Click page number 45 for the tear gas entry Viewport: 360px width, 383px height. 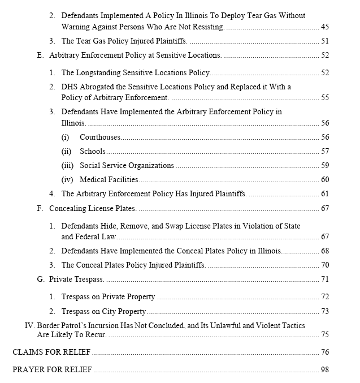click(324, 27)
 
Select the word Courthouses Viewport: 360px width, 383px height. click(100, 137)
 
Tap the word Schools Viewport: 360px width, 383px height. click(93, 151)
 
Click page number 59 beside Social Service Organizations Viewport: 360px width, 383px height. click(324, 166)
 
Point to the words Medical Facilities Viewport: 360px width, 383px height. click(109, 179)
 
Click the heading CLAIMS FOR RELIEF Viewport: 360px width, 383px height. click(51, 352)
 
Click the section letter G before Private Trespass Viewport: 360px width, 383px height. click(40, 279)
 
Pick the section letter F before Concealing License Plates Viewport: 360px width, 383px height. click(40, 208)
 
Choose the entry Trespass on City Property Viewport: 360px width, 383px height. click(103, 311)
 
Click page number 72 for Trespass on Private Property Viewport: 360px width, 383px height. click(324, 296)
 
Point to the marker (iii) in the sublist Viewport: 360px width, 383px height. click(67, 166)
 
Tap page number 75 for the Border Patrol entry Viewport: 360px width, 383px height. click(324, 334)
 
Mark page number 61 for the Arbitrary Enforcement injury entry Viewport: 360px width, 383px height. click(324, 193)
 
